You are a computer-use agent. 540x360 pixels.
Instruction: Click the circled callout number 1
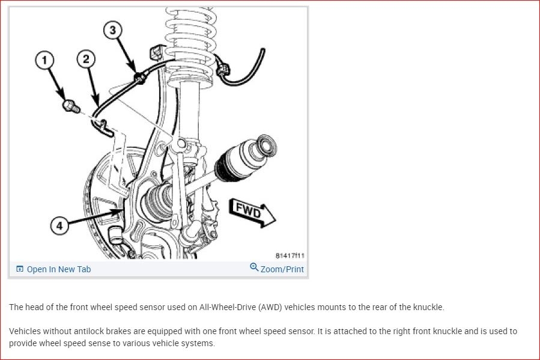pos(44,60)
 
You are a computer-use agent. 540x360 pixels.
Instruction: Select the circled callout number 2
pos(86,59)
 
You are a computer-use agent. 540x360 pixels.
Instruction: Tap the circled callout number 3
pos(112,30)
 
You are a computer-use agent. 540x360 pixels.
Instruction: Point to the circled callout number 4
pos(59,225)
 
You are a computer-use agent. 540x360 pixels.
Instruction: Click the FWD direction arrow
pos(252,212)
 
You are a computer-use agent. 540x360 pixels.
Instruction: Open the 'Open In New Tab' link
pos(58,269)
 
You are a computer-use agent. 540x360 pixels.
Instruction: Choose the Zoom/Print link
pos(282,269)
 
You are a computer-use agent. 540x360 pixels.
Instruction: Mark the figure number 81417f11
pos(290,255)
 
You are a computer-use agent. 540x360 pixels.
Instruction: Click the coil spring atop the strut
pos(190,41)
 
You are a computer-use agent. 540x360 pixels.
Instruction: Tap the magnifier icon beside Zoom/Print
pos(254,267)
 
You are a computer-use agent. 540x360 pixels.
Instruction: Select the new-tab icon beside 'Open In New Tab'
pos(20,269)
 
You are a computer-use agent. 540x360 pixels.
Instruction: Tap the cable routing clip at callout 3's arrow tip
pos(139,79)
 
